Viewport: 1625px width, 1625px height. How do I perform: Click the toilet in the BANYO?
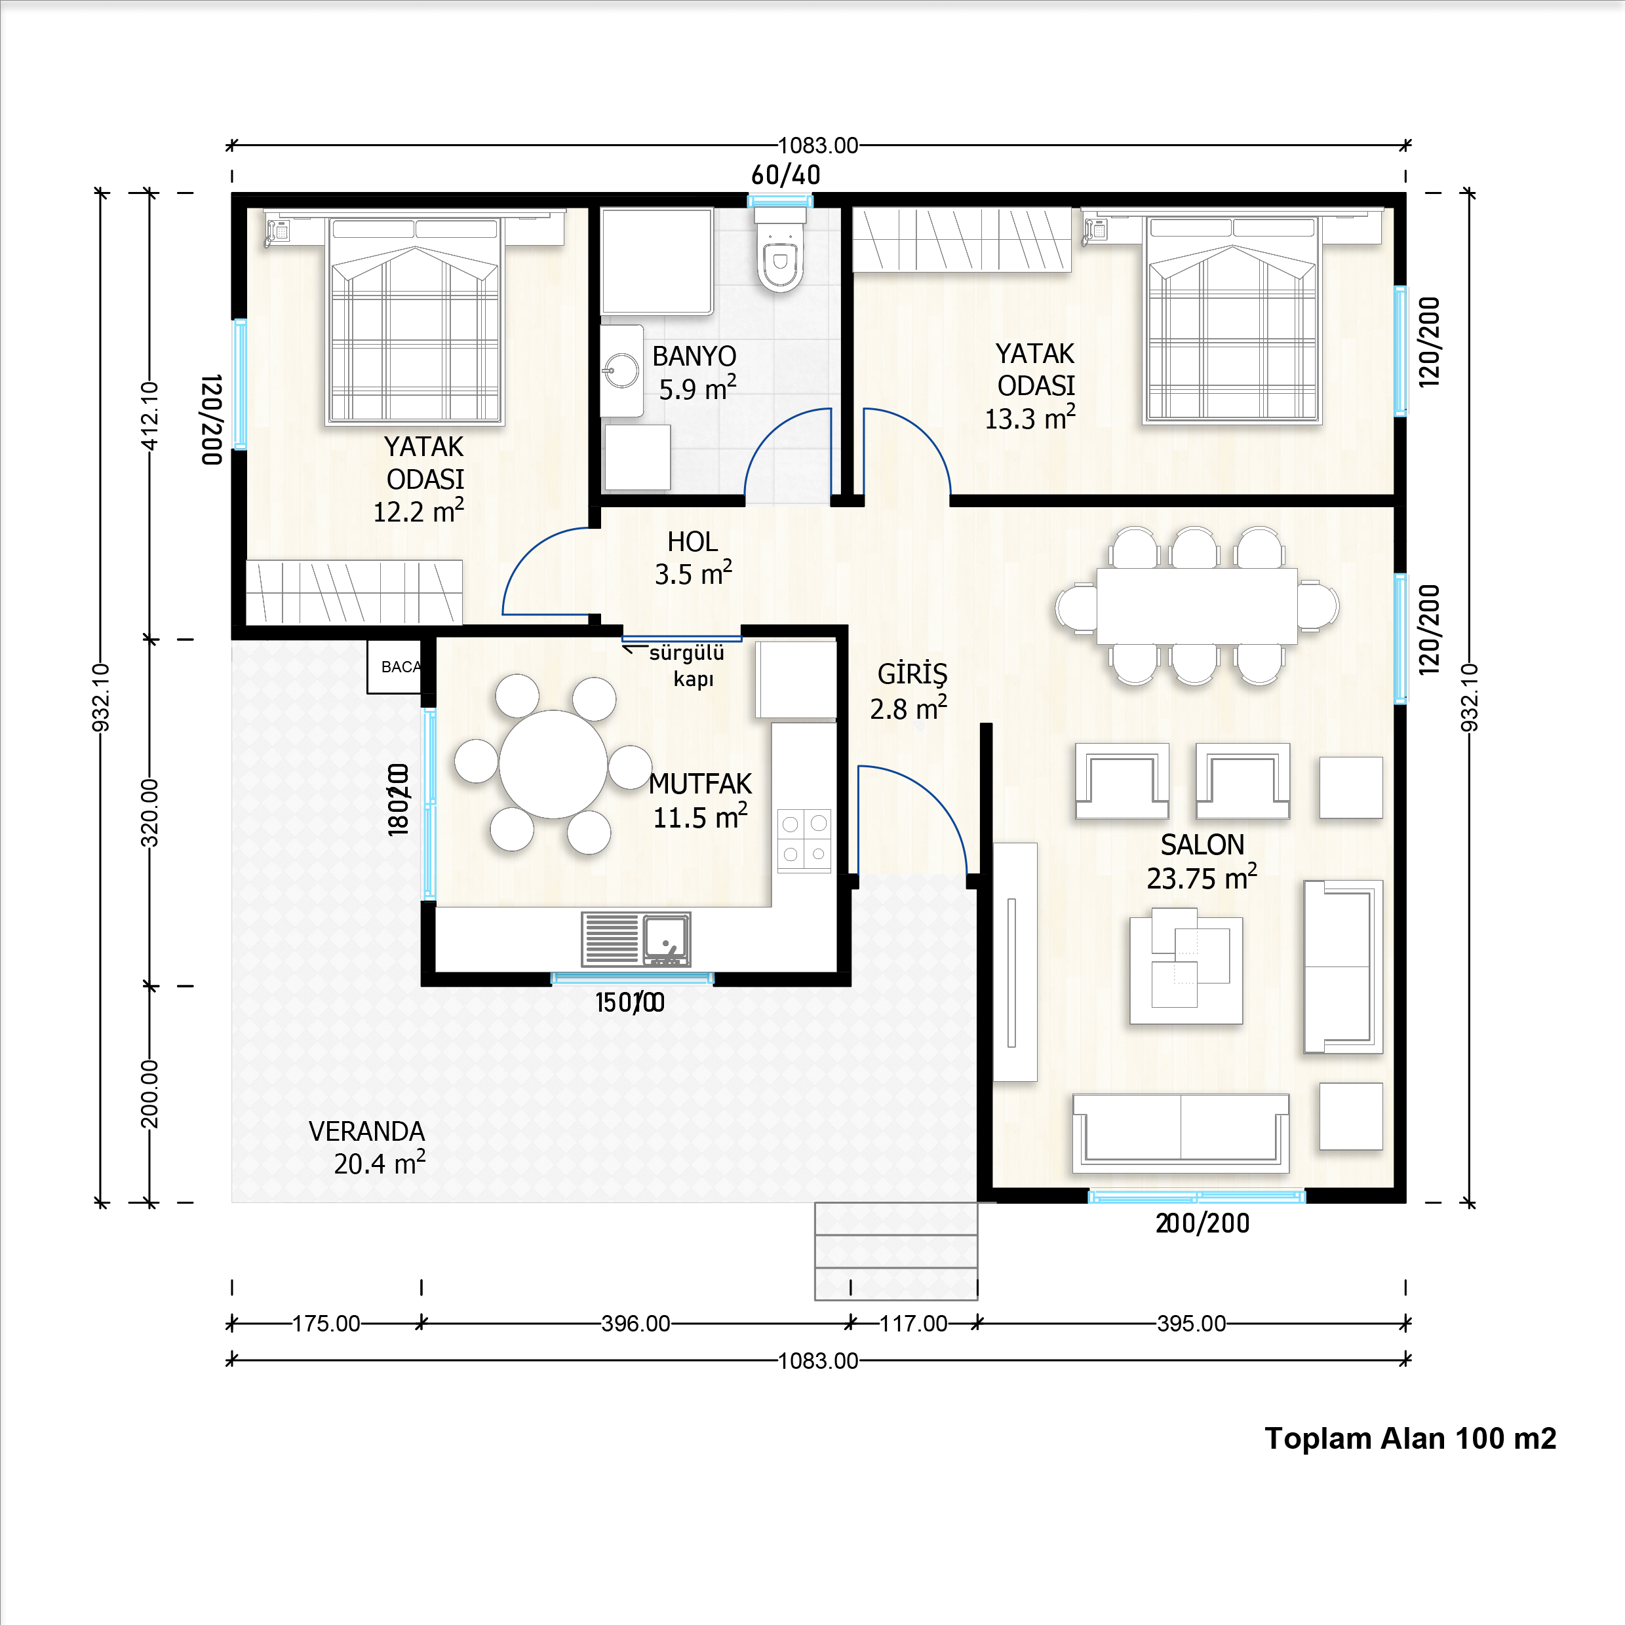click(780, 257)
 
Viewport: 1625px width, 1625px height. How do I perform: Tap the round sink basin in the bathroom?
click(622, 370)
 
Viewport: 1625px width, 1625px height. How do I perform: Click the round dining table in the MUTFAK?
click(553, 764)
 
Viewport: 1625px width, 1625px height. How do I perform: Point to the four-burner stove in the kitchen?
click(804, 839)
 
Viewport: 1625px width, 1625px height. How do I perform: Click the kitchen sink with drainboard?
click(636, 939)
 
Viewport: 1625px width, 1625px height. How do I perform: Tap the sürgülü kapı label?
click(688, 665)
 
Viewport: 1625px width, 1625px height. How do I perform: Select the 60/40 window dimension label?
click(785, 175)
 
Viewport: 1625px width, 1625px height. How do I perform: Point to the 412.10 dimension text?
click(150, 415)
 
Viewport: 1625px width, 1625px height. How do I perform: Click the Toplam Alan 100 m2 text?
click(1409, 1438)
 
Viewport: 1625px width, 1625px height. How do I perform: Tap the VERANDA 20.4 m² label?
click(368, 1147)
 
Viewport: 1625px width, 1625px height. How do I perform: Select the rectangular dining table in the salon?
click(1197, 605)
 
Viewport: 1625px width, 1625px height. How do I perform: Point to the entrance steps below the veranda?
click(895, 1251)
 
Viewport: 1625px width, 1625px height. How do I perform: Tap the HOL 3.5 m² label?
click(693, 558)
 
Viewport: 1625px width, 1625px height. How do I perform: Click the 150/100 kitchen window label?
click(629, 1003)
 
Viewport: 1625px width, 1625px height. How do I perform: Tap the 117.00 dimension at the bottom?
click(913, 1323)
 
